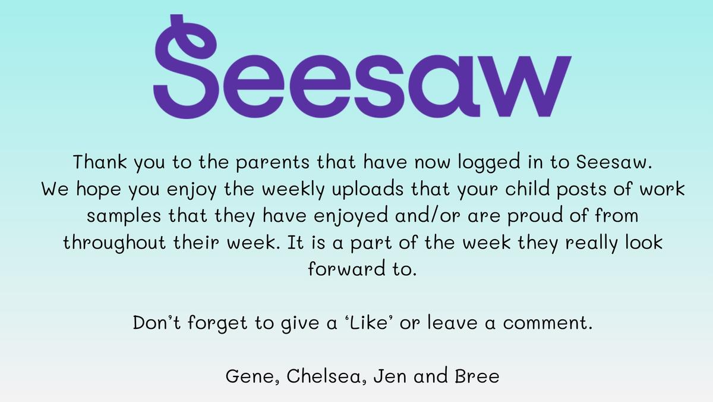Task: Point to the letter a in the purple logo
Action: pyautogui.click(x=448, y=86)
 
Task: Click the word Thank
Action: pyautogui.click(x=100, y=162)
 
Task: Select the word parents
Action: pyautogui.click(x=273, y=163)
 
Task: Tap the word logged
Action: pyautogui.click(x=490, y=163)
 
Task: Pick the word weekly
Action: pyautogui.click(x=293, y=190)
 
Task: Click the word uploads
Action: pyautogui.click(x=368, y=190)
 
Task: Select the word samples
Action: pyautogui.click(x=124, y=216)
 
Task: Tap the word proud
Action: pyautogui.click(x=535, y=216)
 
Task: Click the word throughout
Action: pyautogui.click(x=115, y=243)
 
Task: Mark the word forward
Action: pyautogui.click(x=346, y=268)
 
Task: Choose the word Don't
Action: pyautogui.click(x=157, y=322)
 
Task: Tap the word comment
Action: pyautogui.click(x=547, y=323)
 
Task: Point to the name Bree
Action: pyautogui.click(x=477, y=376)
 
